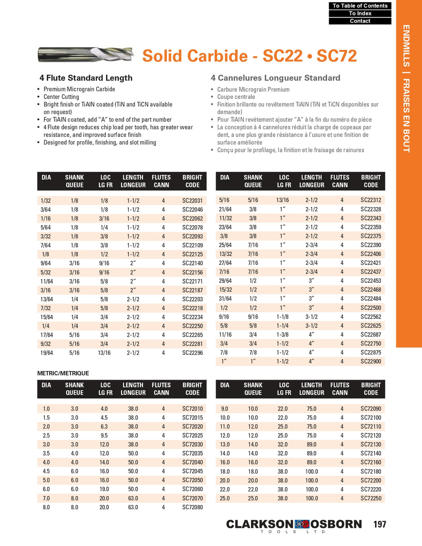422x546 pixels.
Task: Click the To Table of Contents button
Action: pos(360,6)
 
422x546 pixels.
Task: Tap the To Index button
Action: pos(360,13)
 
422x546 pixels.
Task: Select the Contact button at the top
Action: pos(360,21)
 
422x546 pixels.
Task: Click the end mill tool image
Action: pos(85,54)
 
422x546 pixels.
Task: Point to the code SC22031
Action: pos(192,200)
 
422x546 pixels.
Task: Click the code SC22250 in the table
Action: pos(192,326)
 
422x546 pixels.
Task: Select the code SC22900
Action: pos(370,361)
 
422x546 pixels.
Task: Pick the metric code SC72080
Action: pos(192,507)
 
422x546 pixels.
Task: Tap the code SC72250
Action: pos(370,498)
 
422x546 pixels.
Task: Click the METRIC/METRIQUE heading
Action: pos(63,373)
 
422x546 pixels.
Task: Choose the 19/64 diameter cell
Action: pos(46,353)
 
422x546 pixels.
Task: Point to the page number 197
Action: pos(379,524)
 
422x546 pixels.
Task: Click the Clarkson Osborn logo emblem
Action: pos(302,524)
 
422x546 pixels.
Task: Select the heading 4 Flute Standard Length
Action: pos(86,78)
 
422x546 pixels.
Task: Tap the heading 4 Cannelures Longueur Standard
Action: pos(275,78)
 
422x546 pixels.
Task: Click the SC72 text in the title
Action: pos(337,56)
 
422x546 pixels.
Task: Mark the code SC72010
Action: pos(192,409)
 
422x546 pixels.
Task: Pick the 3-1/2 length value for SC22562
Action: pos(311,317)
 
